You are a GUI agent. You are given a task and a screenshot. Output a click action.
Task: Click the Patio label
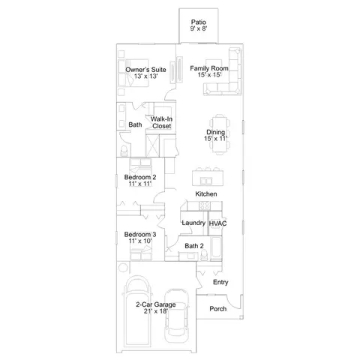click(199, 22)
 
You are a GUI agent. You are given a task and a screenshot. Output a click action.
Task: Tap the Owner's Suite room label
click(145, 70)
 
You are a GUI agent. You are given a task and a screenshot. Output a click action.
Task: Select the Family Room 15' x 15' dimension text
click(209, 75)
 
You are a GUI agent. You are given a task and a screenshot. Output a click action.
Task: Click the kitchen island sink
click(206, 180)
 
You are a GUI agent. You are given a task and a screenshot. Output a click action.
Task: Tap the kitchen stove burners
click(205, 206)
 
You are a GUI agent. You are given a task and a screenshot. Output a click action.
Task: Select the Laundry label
click(193, 223)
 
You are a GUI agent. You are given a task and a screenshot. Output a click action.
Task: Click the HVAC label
click(217, 223)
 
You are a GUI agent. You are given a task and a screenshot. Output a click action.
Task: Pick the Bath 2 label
click(194, 246)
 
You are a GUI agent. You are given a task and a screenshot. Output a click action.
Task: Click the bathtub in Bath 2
click(216, 247)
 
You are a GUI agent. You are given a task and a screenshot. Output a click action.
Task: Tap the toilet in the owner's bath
click(124, 151)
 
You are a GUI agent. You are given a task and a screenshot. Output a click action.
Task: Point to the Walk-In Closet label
click(162, 122)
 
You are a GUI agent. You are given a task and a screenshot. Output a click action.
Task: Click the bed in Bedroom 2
click(140, 166)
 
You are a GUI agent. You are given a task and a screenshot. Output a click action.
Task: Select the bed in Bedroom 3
click(140, 253)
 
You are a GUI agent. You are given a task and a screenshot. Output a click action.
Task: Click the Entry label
click(220, 282)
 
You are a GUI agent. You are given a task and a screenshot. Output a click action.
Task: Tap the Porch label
click(218, 309)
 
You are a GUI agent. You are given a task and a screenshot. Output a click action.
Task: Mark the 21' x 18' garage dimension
click(155, 311)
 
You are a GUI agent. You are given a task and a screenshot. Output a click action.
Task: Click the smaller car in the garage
click(176, 316)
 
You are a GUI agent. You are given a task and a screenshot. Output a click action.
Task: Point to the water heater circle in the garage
click(123, 268)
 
